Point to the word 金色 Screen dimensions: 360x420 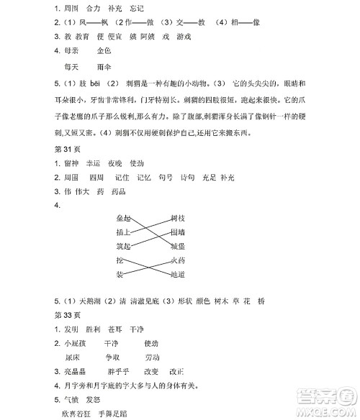tap(104, 51)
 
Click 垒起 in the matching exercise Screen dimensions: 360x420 tap(123, 217)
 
